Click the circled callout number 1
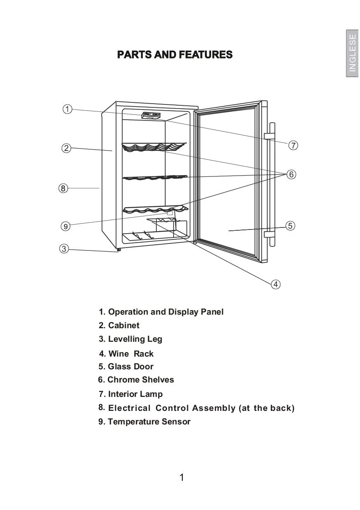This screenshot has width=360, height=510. tap(67, 109)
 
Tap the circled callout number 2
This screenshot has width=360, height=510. tap(66, 148)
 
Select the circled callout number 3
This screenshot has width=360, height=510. tap(63, 248)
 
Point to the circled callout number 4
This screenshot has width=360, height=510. tap(276, 284)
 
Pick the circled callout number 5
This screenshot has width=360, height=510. tap(290, 226)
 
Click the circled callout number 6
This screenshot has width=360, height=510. tap(291, 174)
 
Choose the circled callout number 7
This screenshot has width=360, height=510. tap(293, 145)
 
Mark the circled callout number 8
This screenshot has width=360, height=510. tap(63, 188)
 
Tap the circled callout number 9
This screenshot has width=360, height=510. tap(65, 226)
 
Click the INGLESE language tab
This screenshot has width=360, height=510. tap(353, 53)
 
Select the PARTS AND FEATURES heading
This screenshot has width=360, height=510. tap(175, 55)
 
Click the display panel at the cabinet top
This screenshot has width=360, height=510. tap(151, 116)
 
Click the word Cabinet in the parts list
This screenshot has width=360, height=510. tap(123, 325)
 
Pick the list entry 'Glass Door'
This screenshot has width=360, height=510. tap(130, 366)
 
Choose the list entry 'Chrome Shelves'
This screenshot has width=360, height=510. tap(140, 380)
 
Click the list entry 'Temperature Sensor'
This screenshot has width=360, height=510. tap(149, 422)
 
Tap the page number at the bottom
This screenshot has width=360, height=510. tap(182, 478)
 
